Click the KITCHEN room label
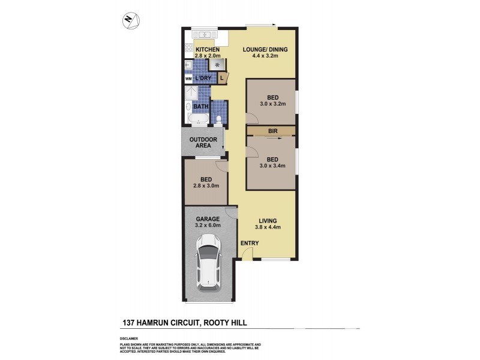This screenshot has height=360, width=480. coord(198,50)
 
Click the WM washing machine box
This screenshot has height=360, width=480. coord(188,79)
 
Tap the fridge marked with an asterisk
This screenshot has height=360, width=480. coord(217,64)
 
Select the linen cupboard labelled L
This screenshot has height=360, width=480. coord(222,77)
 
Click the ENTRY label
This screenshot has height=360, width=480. coord(249,243)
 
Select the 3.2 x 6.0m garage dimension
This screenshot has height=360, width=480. coord(208,226)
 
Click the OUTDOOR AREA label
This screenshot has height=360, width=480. coord(203,143)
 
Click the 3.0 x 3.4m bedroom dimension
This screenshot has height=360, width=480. coord(272,166)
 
